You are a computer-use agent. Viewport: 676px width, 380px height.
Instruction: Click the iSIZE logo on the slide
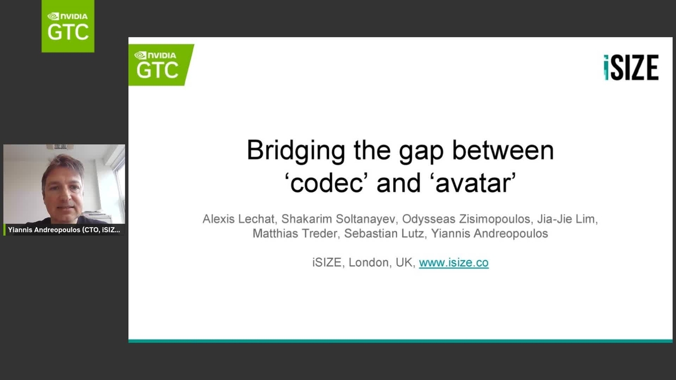click(631, 67)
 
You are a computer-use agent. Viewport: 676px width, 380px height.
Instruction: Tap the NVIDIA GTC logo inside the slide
click(161, 65)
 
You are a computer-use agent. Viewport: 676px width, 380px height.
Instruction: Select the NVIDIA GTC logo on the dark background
click(68, 26)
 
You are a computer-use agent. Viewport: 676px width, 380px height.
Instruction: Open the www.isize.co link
click(453, 263)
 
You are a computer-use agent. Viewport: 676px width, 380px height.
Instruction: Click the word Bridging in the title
click(296, 151)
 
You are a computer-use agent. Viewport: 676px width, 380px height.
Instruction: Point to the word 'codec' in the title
click(326, 183)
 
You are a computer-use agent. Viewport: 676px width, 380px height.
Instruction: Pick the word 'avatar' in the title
click(475, 183)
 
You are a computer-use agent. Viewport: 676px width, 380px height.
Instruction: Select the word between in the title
click(503, 150)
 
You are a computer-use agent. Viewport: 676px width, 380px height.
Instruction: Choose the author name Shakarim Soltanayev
click(338, 219)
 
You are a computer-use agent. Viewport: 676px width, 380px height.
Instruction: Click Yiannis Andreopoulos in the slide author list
click(490, 234)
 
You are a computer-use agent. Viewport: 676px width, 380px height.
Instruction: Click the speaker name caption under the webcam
click(64, 230)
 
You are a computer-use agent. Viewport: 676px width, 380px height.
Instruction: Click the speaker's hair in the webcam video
click(64, 166)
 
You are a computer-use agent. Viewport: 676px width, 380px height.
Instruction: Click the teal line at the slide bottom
click(401, 341)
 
